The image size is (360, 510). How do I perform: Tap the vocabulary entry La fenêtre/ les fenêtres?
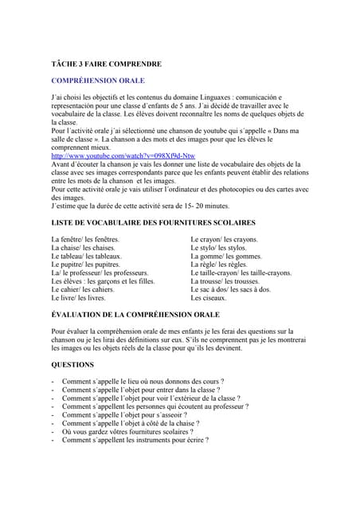pyautogui.click(x=85, y=239)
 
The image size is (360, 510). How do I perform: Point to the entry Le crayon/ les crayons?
pyautogui.click(x=225, y=239)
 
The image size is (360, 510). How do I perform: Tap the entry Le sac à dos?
pyautogui.click(x=231, y=289)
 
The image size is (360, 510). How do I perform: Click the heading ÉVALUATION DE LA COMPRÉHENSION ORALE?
pyautogui.click(x=135, y=316)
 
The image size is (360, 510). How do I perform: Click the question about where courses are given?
pyautogui.click(x=143, y=382)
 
